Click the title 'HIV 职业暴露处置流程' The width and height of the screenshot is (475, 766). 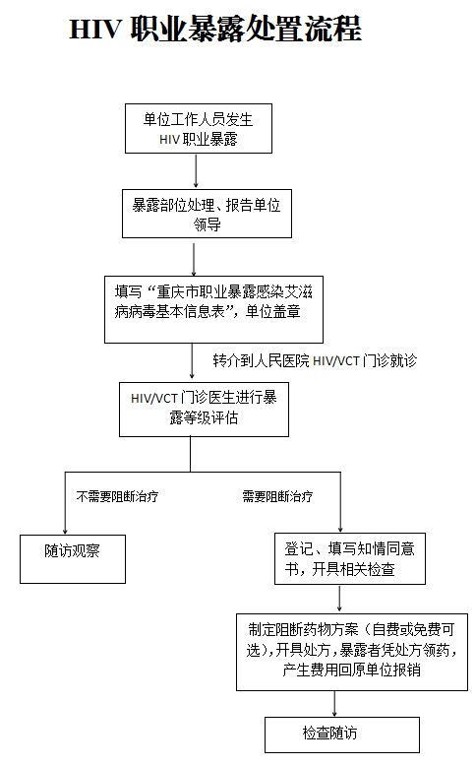coord(215,29)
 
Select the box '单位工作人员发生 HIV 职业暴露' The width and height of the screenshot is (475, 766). coord(199,128)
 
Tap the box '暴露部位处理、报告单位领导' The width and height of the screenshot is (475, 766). coord(207,214)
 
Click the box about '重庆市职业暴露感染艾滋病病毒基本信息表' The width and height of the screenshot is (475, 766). coord(213,309)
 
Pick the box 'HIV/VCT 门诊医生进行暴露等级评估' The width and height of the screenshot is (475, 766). coord(204,410)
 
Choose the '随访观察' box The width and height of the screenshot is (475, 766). coord(73,559)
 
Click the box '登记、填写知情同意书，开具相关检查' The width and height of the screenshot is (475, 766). coord(350,558)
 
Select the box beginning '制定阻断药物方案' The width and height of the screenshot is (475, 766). coord(352,652)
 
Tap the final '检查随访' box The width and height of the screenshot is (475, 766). coord(342,734)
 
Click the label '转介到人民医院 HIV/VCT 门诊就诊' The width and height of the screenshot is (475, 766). coord(315,360)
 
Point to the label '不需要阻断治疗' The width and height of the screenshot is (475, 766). coord(117,497)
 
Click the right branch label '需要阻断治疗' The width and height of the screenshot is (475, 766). coord(277,497)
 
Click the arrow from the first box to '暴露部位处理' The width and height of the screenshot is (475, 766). coord(196,171)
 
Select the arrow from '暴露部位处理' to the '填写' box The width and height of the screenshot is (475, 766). coord(194,257)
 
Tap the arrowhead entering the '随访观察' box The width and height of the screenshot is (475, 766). coord(65,532)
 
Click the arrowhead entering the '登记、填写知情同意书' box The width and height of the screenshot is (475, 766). coord(340,530)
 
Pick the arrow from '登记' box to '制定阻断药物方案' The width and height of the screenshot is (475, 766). coord(339,599)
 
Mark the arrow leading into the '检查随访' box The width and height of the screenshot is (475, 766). coord(334,703)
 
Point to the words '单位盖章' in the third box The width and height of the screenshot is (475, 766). coord(272,311)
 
